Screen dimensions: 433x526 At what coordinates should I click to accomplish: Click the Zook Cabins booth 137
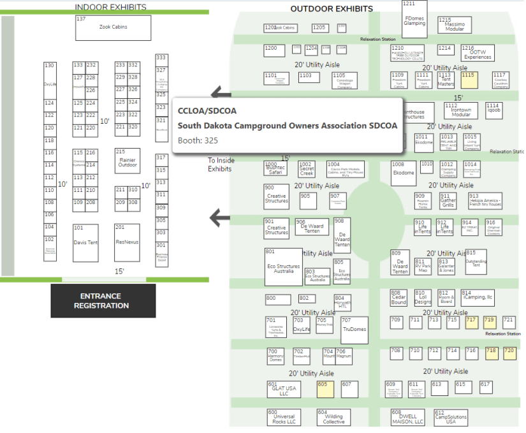(x=113, y=28)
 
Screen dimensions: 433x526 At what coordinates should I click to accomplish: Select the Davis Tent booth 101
(x=85, y=242)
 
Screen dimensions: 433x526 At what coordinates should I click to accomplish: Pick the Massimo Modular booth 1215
(x=454, y=25)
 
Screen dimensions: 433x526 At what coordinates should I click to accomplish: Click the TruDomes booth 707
(x=354, y=330)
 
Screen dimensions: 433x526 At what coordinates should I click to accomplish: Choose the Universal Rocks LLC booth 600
(x=283, y=418)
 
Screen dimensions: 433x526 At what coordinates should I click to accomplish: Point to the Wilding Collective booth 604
(x=333, y=418)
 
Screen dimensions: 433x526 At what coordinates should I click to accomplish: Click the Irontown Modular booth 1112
(x=460, y=111)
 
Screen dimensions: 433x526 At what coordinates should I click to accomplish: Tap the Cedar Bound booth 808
(x=398, y=298)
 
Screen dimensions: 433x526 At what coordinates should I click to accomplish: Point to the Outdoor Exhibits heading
(x=332, y=9)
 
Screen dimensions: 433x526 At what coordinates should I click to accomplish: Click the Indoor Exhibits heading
(x=110, y=8)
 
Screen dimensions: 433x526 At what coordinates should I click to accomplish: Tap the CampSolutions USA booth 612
(x=450, y=418)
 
